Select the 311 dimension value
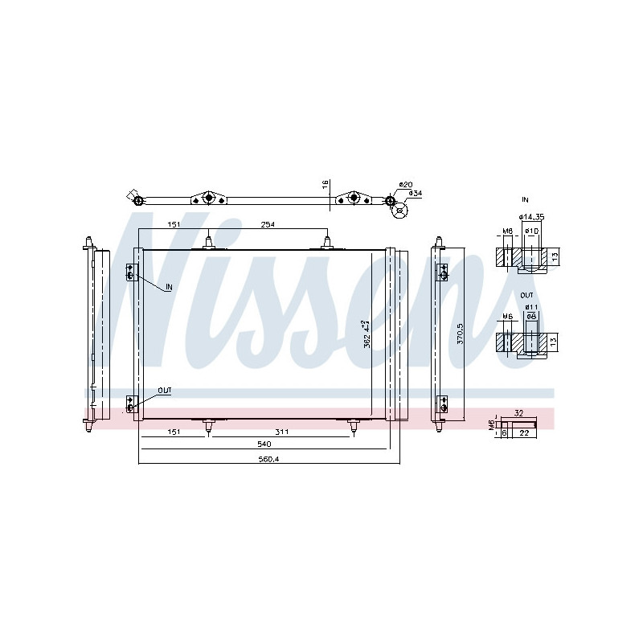click(x=281, y=432)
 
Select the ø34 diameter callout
click(x=415, y=194)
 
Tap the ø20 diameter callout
click(x=405, y=184)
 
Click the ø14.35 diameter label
click(x=531, y=217)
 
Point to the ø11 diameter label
click(x=531, y=306)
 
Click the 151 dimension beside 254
click(x=172, y=225)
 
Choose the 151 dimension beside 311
click(x=174, y=432)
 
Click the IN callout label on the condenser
click(x=169, y=287)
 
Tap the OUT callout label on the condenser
click(x=165, y=391)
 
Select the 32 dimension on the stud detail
click(x=518, y=413)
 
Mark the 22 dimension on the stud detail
click(x=523, y=433)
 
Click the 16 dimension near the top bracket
click(x=324, y=184)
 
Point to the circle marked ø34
click(x=399, y=211)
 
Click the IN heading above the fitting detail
click(x=525, y=198)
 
